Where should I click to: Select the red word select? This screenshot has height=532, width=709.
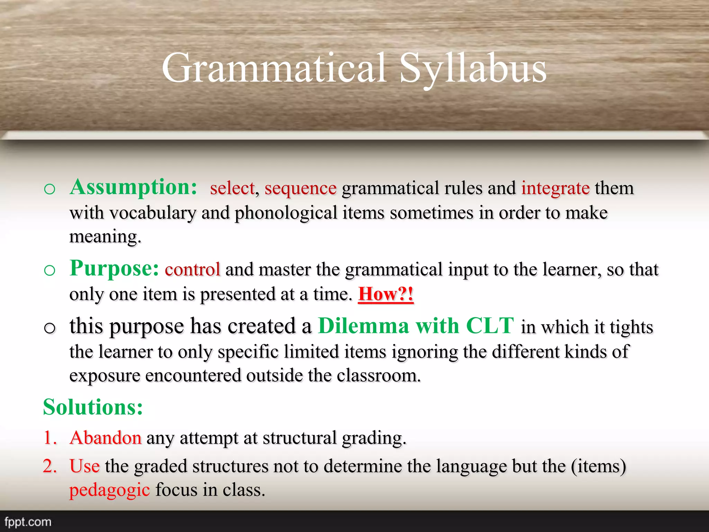232,188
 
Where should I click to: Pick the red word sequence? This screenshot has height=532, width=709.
300,189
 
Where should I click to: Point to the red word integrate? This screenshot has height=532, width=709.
555,188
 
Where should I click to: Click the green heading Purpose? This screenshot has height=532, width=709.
114,268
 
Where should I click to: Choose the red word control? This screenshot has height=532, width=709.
192,269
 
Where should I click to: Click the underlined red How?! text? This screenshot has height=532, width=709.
386,294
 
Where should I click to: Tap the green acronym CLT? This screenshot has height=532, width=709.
490,326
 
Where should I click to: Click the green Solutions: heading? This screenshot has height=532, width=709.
93,407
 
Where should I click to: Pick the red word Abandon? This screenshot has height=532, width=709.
106,438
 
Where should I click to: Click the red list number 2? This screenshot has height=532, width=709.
49,466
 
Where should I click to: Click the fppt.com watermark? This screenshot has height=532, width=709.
28,522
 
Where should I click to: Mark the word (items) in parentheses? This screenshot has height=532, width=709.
599,466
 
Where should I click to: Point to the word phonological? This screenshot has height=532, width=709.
286,213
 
